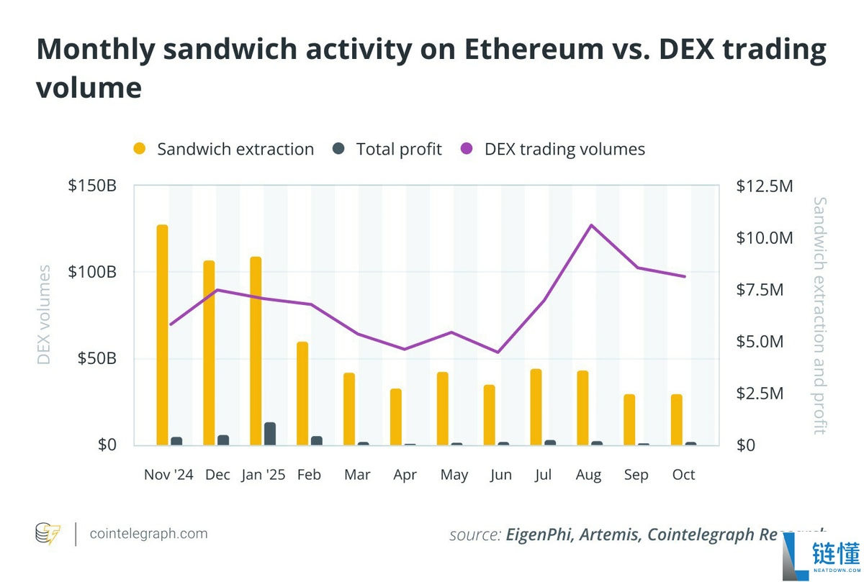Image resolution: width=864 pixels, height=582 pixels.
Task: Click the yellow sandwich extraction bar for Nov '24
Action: (x=162, y=335)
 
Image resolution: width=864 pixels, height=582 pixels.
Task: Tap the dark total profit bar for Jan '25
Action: (x=270, y=434)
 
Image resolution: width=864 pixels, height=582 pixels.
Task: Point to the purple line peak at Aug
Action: (x=590, y=225)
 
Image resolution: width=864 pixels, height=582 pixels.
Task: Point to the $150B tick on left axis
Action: (x=92, y=186)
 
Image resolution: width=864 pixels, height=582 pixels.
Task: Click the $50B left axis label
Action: (x=96, y=358)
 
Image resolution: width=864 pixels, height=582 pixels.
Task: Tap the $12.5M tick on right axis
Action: (x=765, y=186)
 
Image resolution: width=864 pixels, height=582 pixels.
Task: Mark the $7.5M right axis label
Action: (x=760, y=289)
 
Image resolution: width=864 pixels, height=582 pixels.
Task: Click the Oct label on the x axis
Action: (x=683, y=475)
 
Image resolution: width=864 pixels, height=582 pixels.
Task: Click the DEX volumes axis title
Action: (x=44, y=315)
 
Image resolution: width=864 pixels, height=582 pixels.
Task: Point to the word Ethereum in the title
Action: (x=534, y=49)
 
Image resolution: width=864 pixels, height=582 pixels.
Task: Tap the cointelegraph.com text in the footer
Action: (x=148, y=533)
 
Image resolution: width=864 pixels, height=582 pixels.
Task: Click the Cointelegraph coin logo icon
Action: (x=48, y=534)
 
